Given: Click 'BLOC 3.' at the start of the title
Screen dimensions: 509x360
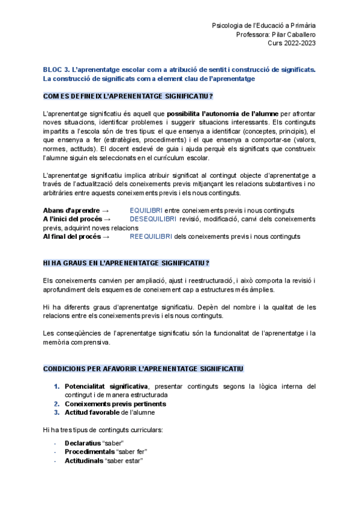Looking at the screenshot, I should pos(56,70).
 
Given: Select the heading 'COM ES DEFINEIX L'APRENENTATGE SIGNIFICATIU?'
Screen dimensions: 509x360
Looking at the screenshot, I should pos(128,96).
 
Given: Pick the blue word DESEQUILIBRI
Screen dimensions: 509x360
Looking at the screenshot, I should pos(152,219).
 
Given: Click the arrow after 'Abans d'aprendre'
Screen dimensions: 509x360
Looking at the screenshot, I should pos(106,210).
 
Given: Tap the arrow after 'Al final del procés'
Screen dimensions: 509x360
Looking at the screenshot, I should pos(106,236).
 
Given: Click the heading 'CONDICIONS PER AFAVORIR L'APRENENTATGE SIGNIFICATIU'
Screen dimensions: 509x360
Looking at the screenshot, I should pos(143,368).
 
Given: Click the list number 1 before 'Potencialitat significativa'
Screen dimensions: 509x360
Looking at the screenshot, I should pos(57,387).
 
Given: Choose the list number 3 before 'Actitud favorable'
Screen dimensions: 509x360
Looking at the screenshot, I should pos(57,412).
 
